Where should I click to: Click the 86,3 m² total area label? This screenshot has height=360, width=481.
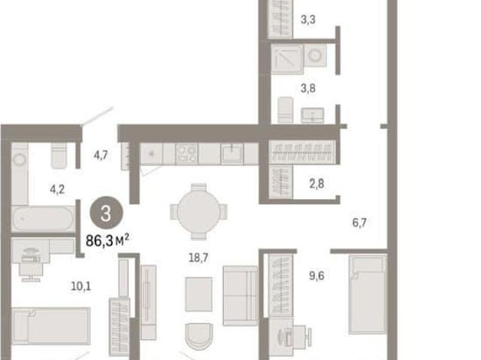[107, 241]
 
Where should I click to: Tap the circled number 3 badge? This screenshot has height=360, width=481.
[107, 213]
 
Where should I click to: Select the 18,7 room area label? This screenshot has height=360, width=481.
[198, 258]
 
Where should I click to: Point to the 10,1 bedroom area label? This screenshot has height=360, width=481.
[80, 286]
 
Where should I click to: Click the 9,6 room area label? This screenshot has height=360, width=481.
[316, 276]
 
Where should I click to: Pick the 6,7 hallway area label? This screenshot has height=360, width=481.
[359, 222]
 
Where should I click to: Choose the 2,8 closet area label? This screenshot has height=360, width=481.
[316, 183]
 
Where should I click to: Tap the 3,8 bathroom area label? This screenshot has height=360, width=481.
[308, 89]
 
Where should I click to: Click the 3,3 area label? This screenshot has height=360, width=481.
[308, 20]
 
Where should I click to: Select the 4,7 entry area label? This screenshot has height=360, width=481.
[101, 155]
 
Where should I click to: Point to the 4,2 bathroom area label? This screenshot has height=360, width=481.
[57, 189]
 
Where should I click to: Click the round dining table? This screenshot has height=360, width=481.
[198, 211]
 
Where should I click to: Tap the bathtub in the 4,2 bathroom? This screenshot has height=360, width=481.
[44, 219]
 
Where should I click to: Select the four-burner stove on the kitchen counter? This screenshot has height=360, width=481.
[187, 153]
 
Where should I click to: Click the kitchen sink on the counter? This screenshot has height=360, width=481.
[232, 153]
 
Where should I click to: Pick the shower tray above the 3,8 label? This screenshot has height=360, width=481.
[287, 59]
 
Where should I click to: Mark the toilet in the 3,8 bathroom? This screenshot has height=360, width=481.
[286, 110]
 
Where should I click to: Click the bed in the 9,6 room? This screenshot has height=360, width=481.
[368, 295]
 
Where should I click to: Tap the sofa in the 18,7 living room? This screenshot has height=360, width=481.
[240, 295]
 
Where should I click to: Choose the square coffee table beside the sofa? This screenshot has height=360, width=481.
[198, 294]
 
